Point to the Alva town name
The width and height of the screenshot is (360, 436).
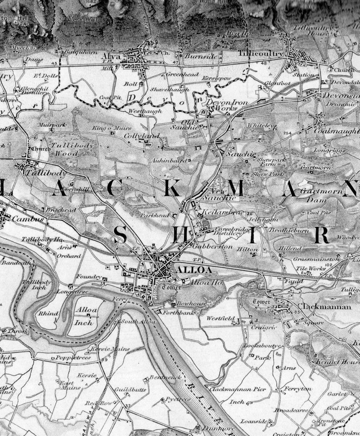111,57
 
